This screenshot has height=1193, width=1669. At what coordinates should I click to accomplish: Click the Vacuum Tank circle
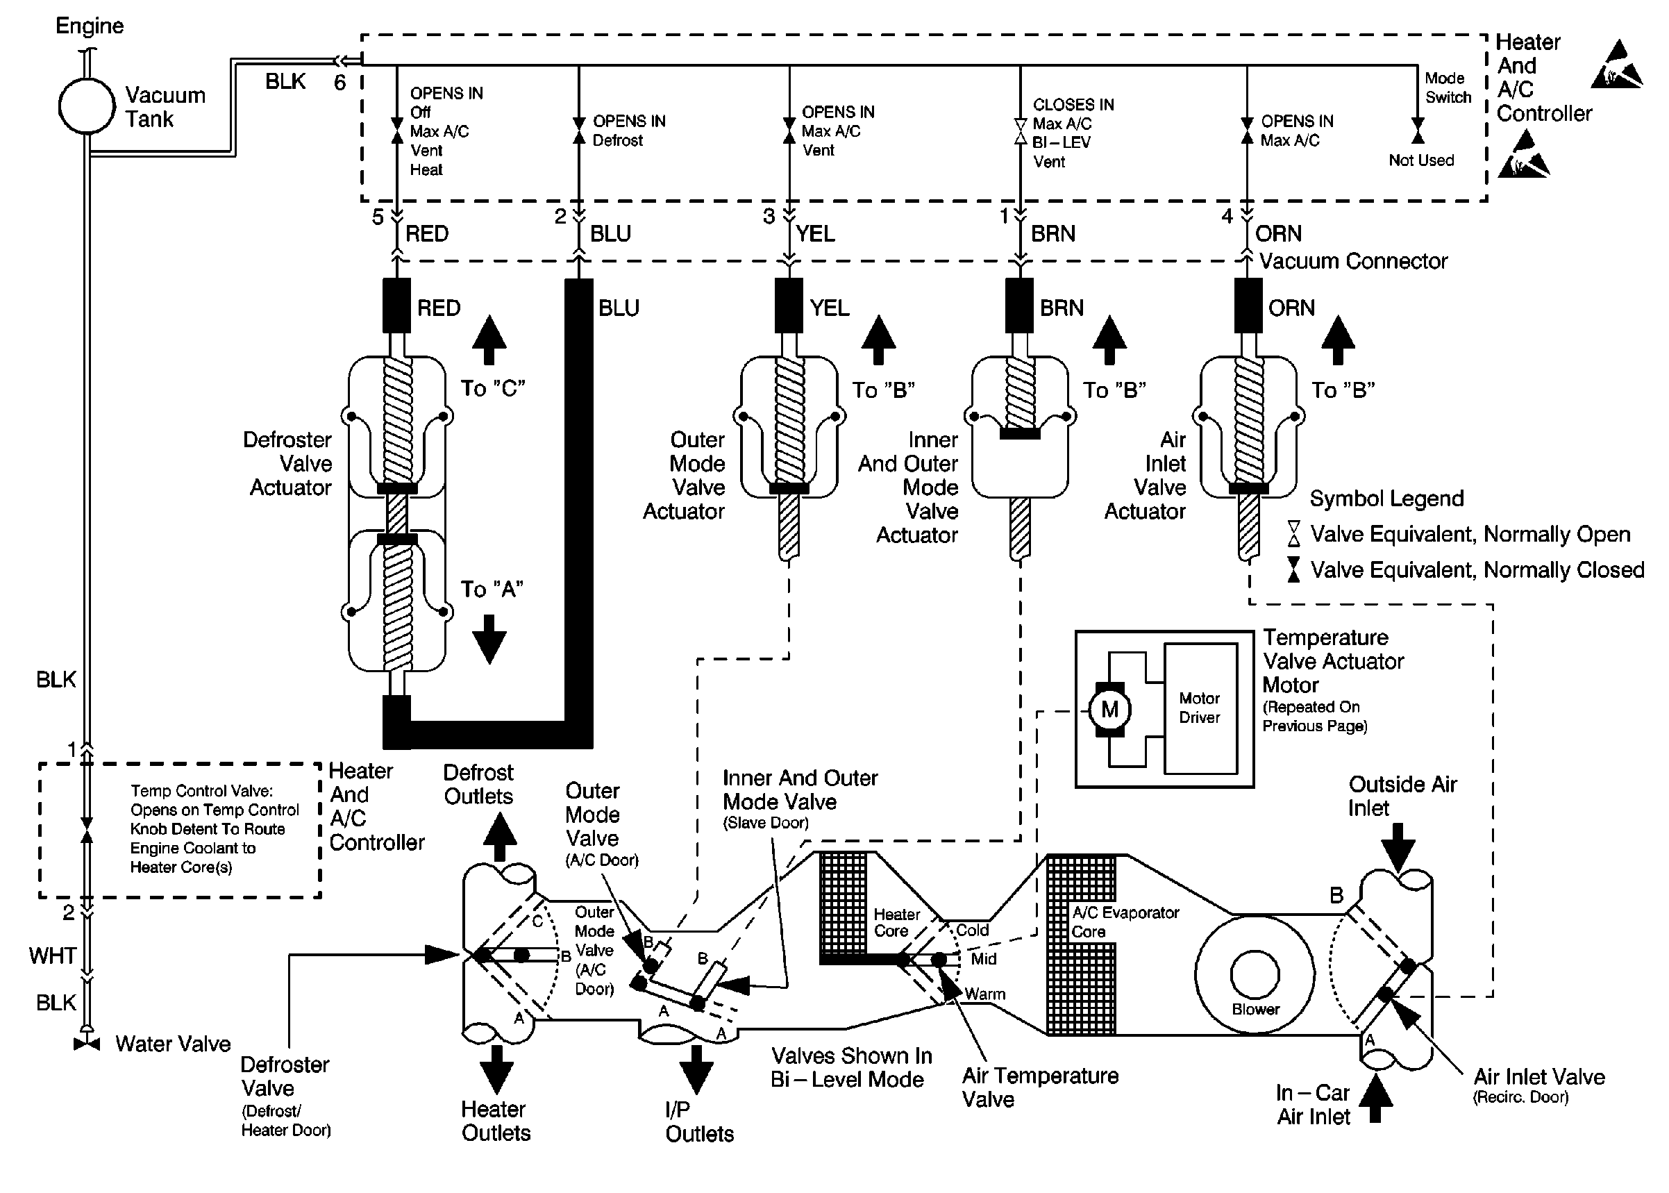tap(87, 106)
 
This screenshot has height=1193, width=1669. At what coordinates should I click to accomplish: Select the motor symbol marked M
tap(1109, 710)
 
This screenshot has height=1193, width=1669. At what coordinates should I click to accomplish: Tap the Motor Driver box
tap(1200, 708)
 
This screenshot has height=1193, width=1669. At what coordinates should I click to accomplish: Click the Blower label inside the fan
tap(1255, 1010)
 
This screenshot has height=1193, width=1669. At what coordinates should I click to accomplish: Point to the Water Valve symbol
tap(87, 1044)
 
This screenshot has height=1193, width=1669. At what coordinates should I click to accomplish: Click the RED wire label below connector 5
tap(426, 233)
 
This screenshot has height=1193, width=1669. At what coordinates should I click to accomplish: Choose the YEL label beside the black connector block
tap(830, 308)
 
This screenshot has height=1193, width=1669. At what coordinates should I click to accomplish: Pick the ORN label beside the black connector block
tap(1291, 308)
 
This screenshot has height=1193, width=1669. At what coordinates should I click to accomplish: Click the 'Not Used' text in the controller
tap(1421, 160)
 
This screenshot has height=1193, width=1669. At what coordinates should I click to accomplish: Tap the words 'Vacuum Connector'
tap(1353, 262)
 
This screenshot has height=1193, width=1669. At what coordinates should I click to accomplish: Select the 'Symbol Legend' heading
tap(1386, 499)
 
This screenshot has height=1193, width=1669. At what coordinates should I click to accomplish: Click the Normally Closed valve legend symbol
tap(1294, 569)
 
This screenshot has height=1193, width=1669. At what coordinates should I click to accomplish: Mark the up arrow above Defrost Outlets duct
tap(499, 837)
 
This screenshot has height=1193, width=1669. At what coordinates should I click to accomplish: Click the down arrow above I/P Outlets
tap(696, 1069)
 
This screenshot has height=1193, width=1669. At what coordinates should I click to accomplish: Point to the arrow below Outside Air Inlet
tap(1398, 846)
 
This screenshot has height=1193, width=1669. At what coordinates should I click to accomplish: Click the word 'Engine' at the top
tap(90, 26)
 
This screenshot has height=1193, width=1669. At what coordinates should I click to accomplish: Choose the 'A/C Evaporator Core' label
tap(1125, 922)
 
